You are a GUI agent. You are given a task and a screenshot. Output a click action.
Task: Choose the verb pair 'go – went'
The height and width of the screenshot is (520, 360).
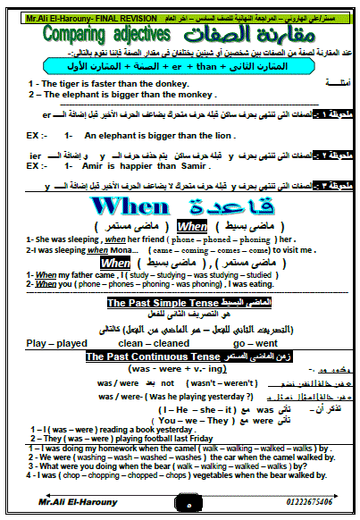(255, 342)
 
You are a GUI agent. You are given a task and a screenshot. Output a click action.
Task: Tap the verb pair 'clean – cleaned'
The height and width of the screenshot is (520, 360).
(154, 342)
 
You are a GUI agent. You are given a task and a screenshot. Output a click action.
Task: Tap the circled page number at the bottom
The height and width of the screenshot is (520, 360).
(179, 505)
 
